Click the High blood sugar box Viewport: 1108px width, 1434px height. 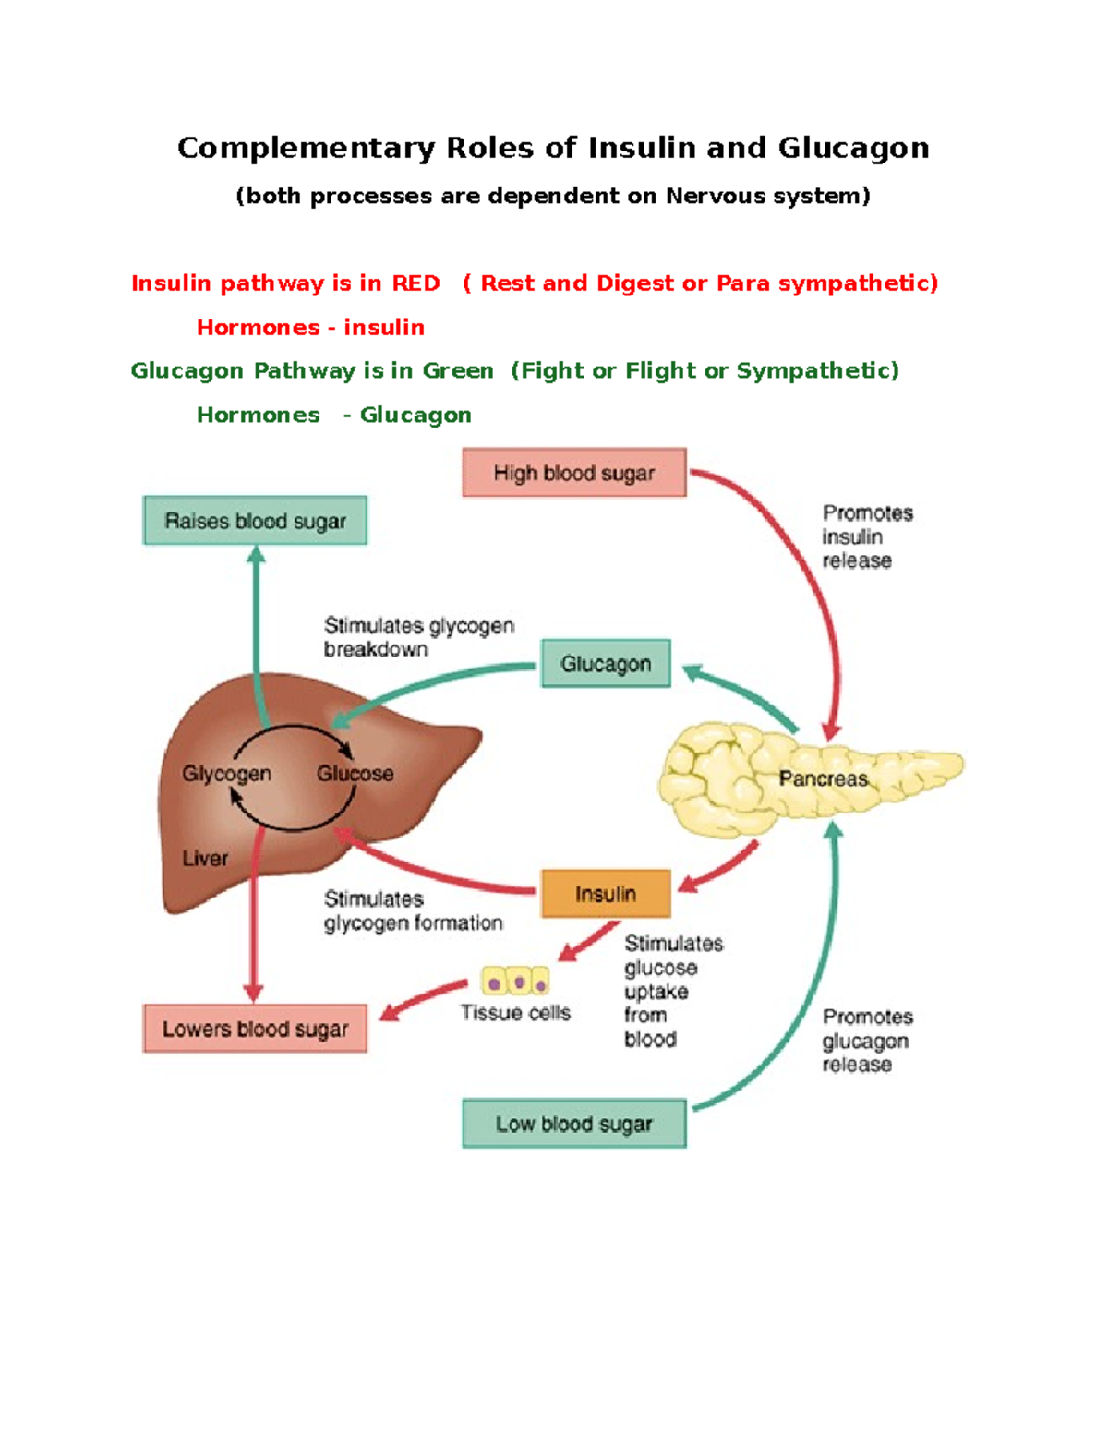coord(573,473)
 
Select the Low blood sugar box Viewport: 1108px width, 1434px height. coord(573,1124)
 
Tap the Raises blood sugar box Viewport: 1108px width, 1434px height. coord(255,521)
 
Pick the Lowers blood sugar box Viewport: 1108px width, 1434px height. coord(255,1029)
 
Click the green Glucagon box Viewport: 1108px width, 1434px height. coord(606,664)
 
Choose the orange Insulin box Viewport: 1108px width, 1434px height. coord(606,894)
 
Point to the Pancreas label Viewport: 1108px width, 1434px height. coord(823,778)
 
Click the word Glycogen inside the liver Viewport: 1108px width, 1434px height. coord(226,774)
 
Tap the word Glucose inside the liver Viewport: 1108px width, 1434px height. coord(355,774)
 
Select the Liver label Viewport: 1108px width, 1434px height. coord(205,859)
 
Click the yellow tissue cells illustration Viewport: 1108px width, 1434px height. coord(515,982)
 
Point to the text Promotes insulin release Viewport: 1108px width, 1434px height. coord(866,536)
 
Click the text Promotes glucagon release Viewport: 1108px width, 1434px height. coord(866,1041)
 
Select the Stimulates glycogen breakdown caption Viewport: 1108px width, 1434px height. coord(417,637)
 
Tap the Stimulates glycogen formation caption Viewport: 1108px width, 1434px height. coord(413,910)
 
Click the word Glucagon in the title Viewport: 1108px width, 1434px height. coord(853,148)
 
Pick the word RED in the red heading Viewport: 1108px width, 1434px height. coord(415,283)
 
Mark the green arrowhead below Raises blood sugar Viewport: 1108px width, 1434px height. coord(257,554)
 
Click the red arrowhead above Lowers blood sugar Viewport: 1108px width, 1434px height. coord(254,994)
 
